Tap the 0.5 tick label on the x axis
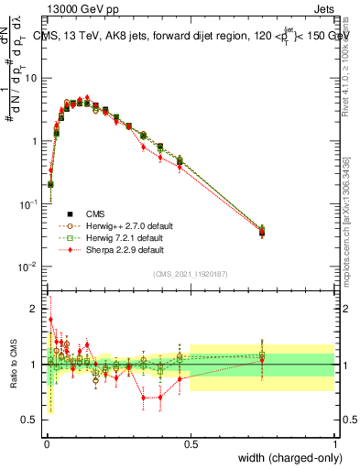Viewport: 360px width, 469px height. tap(191, 443)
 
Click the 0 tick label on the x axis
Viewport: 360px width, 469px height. tap(47, 443)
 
